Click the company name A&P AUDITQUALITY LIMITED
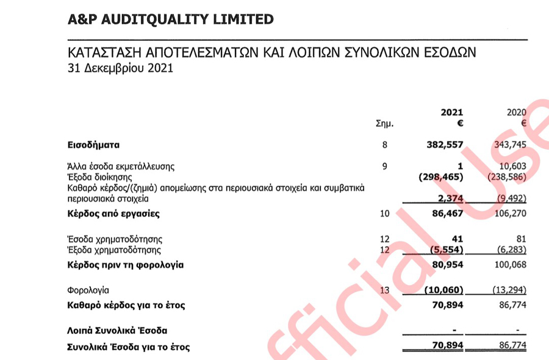[171, 19]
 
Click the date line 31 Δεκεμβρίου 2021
[120, 68]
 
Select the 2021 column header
[451, 112]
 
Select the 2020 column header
[516, 112]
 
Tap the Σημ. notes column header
[386, 124]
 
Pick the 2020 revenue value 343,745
[508, 145]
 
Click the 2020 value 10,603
[511, 165]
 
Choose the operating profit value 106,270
[508, 214]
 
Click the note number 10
[384, 214]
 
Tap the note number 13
[384, 290]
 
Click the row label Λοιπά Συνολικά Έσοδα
[117, 331]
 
